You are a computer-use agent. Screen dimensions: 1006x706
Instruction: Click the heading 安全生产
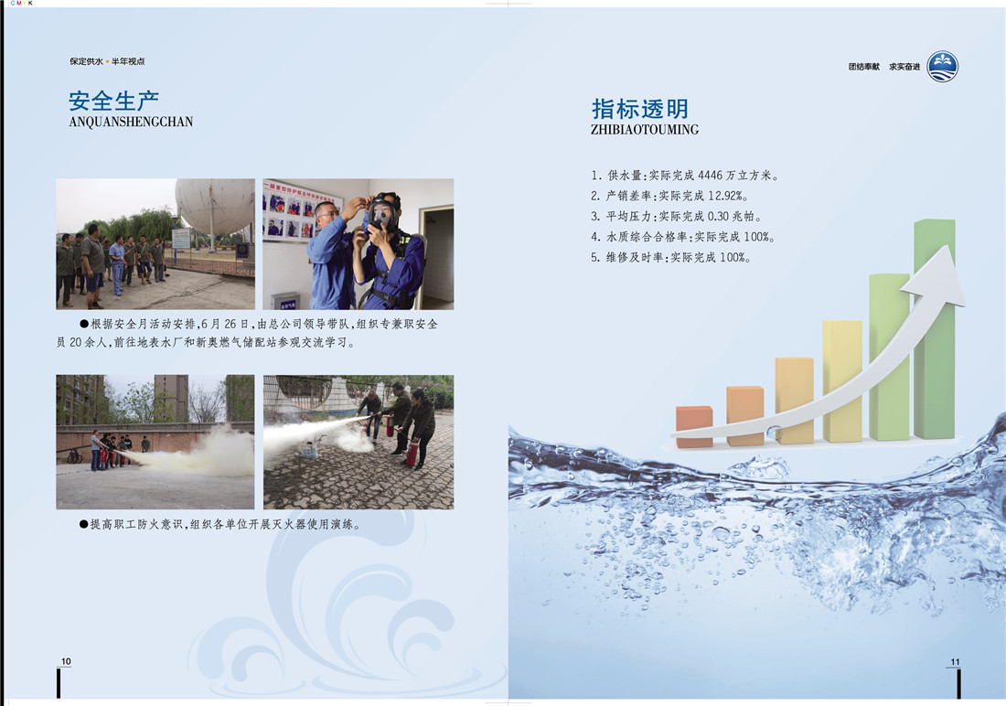113,101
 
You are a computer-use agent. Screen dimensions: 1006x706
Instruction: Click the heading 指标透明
639,109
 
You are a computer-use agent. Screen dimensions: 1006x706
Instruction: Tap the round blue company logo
943,67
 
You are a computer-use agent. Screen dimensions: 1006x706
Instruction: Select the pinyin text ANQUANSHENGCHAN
131,122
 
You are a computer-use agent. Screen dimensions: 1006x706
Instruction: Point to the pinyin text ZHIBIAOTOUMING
644,130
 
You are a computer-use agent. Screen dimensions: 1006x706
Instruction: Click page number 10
66,661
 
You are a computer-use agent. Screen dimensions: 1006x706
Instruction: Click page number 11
956,662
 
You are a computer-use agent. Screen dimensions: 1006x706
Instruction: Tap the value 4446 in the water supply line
711,176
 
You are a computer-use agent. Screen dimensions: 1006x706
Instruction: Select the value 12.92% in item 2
728,196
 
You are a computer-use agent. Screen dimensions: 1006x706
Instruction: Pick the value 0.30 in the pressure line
719,217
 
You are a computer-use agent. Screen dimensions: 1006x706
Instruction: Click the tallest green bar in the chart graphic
934,328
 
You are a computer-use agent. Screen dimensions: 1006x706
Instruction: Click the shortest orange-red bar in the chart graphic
694,426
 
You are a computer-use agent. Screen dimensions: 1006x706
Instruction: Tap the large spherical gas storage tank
214,206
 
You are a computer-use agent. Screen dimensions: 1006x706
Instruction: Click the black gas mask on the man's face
382,214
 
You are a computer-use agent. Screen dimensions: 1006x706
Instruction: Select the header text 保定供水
86,61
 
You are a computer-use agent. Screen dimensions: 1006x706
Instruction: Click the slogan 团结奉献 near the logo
863,67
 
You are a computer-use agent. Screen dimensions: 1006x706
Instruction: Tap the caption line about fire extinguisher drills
219,524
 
